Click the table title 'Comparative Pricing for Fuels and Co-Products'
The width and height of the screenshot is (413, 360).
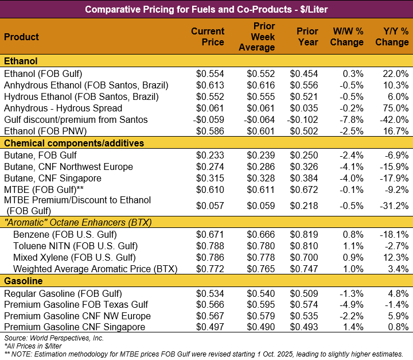[x=206, y=9]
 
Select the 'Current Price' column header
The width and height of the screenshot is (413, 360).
[x=207, y=37]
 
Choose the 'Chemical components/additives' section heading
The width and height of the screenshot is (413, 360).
[x=74, y=143]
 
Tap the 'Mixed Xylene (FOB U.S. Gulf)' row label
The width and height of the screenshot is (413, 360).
[x=74, y=257]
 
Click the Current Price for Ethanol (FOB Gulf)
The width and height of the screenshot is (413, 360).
[x=210, y=74]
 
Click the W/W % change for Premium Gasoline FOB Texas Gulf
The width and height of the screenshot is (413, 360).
[x=350, y=304]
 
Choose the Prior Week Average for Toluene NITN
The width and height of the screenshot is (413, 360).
[x=261, y=246]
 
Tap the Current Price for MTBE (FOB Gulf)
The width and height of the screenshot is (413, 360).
[x=210, y=190]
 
